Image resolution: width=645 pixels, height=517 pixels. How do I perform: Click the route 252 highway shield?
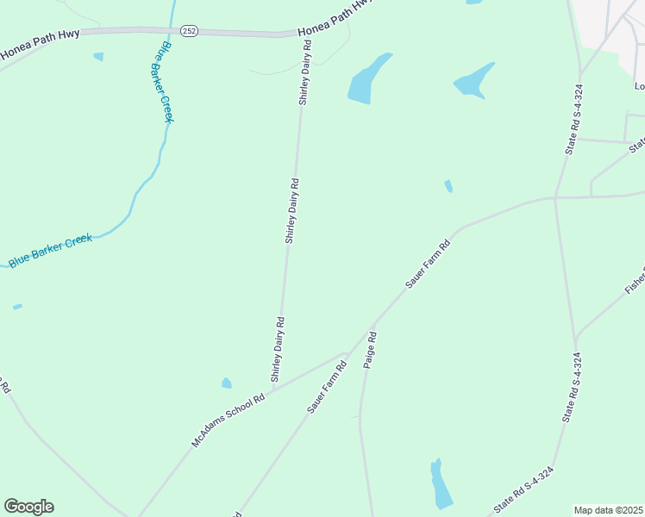click(191, 31)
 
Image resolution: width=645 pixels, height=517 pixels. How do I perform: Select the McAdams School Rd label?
click(228, 421)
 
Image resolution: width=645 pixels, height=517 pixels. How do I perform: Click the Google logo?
click(28, 507)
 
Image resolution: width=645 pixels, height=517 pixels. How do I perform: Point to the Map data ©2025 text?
click(609, 510)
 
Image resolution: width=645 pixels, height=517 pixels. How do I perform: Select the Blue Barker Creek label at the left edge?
click(50, 251)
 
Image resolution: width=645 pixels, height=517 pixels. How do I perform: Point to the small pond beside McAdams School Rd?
click(227, 383)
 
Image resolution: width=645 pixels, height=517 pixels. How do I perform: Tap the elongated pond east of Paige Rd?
click(441, 484)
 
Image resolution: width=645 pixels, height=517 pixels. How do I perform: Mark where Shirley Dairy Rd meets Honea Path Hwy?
click(306, 35)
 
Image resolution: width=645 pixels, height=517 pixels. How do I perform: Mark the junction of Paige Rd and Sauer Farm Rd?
click(372, 328)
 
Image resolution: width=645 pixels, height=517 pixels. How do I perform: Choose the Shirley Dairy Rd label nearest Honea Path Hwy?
click(304, 83)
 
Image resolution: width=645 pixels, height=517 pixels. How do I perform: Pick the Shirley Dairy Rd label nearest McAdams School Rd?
click(278, 349)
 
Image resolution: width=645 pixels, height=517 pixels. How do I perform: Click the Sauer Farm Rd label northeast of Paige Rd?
click(428, 265)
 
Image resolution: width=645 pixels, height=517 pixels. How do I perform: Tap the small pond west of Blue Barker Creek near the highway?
click(98, 57)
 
